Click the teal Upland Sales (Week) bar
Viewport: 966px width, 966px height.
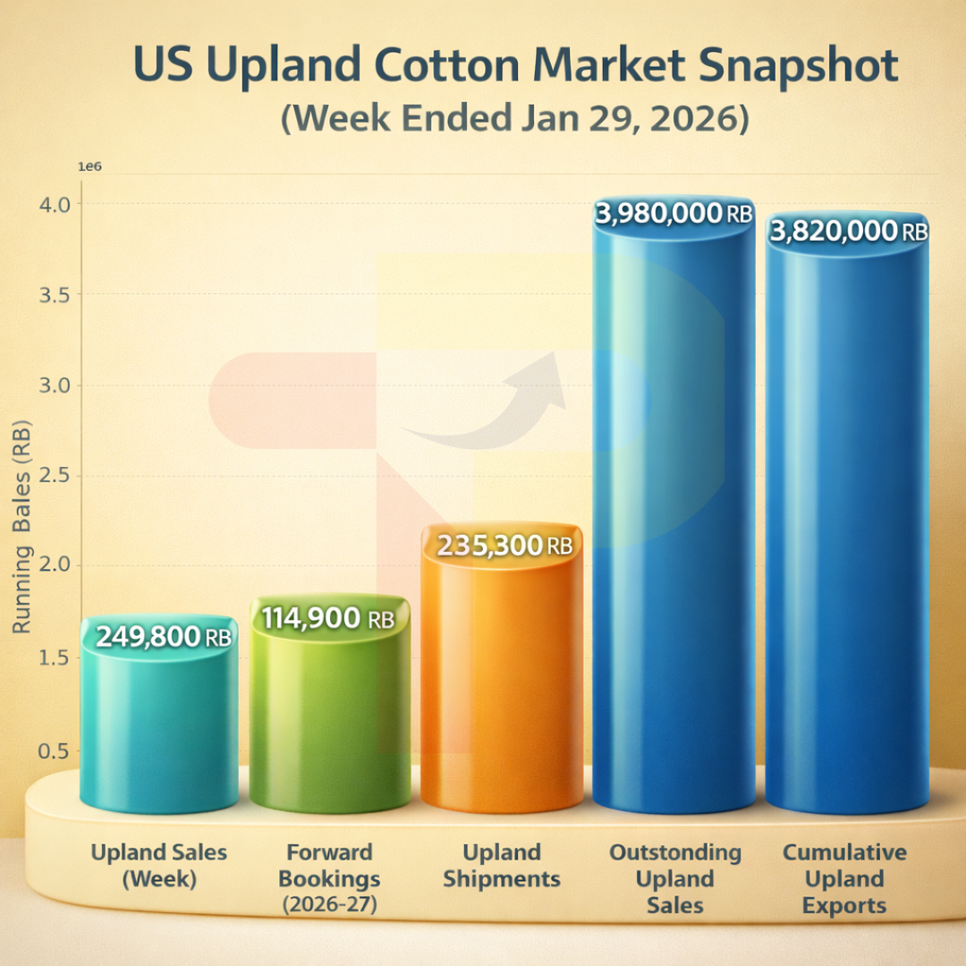point(159,724)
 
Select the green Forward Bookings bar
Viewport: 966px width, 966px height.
point(329,716)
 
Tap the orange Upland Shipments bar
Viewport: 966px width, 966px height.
point(501,689)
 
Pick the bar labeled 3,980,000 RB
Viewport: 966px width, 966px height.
point(673,519)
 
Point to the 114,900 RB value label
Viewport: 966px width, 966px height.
point(327,618)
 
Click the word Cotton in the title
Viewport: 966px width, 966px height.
point(444,67)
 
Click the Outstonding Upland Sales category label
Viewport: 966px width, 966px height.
point(675,878)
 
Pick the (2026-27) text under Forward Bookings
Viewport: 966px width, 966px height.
point(329,904)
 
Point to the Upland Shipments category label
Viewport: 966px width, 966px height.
point(502,865)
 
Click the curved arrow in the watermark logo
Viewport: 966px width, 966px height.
point(501,402)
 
